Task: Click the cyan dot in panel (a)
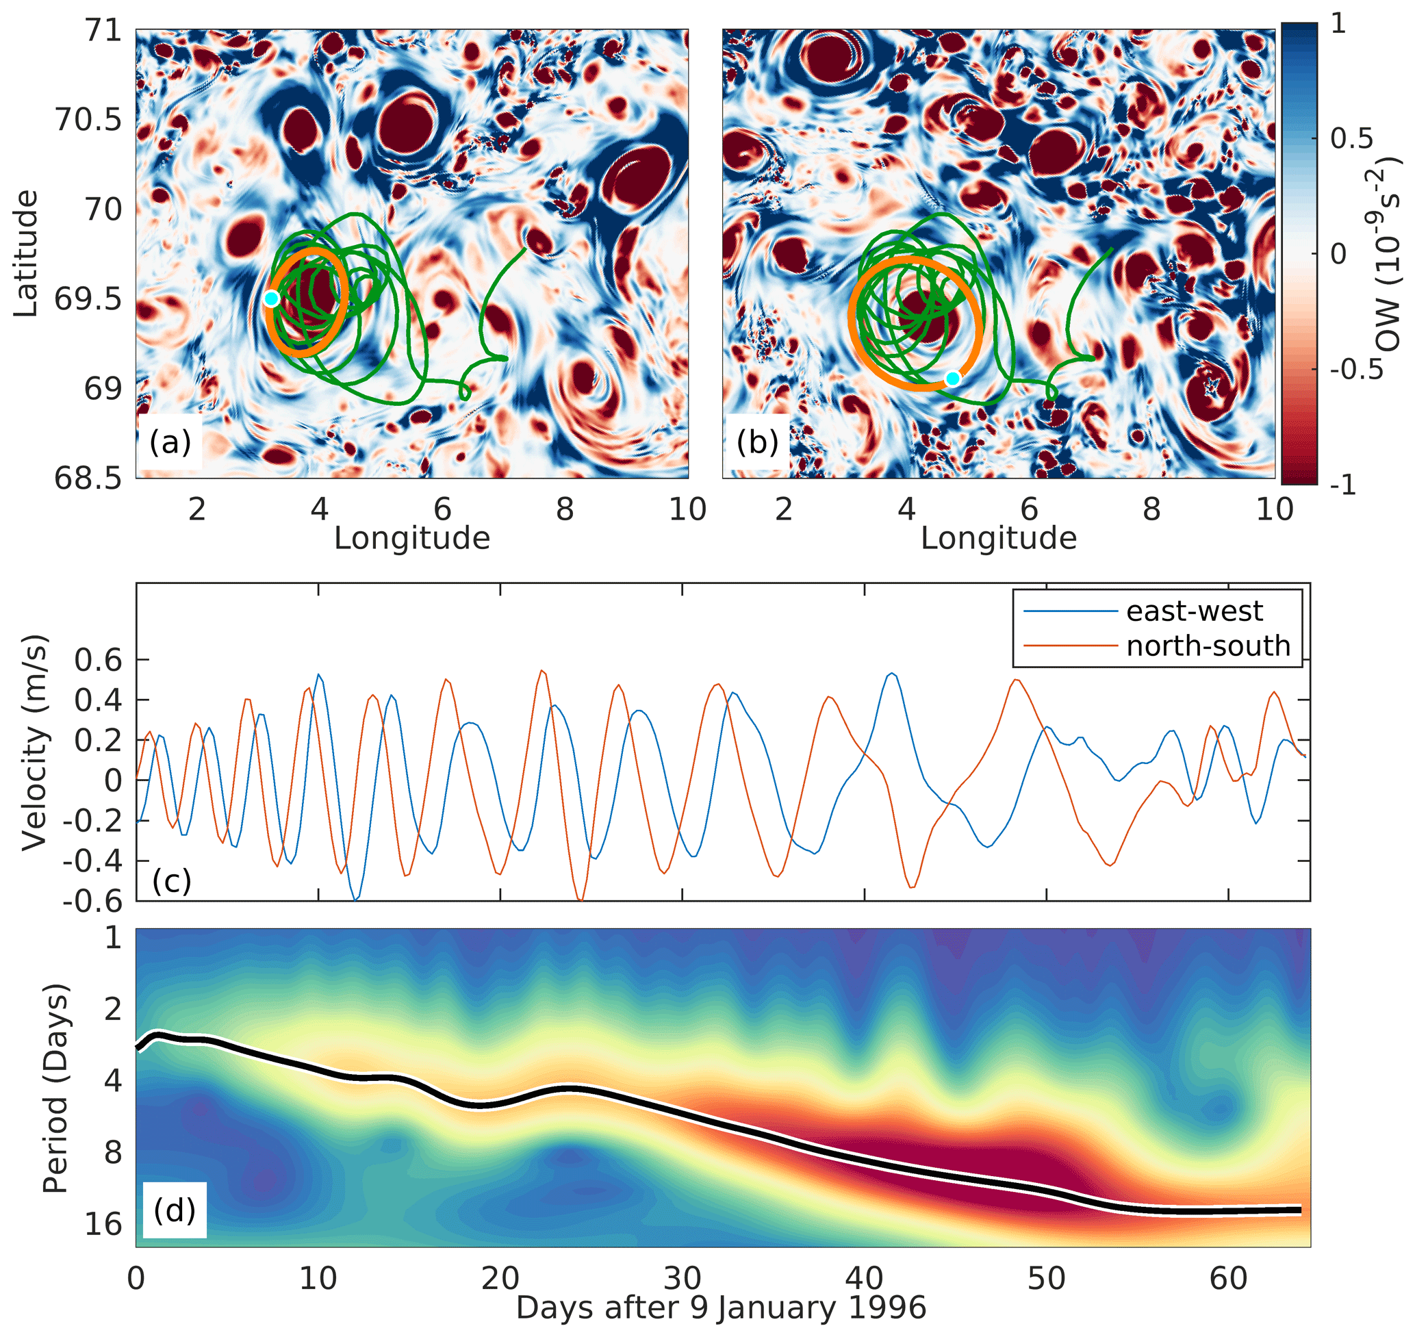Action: click(x=270, y=298)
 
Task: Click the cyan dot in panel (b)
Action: click(x=953, y=379)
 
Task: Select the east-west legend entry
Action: click(x=1193, y=611)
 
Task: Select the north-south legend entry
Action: click(x=1208, y=646)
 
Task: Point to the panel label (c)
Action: click(x=172, y=882)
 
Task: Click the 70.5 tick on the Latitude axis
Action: click(x=88, y=120)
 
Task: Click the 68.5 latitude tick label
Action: click(x=88, y=479)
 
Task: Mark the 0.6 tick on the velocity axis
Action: click(x=99, y=660)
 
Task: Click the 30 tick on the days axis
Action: click(x=683, y=1279)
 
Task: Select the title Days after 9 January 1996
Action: click(x=721, y=1308)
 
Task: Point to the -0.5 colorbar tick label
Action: click(x=1357, y=369)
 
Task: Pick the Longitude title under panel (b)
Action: click(x=999, y=539)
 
